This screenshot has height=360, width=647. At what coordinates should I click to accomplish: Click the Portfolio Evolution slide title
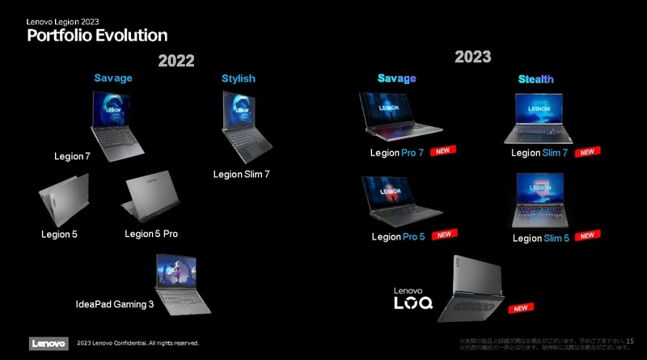[97, 35]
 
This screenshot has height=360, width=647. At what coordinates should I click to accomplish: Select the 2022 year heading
[176, 60]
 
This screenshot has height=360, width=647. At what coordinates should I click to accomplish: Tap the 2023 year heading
[472, 57]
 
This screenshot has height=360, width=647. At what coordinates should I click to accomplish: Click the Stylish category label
[239, 78]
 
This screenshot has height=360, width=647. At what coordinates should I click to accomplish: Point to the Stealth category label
[536, 79]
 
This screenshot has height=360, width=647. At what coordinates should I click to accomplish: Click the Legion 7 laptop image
[118, 121]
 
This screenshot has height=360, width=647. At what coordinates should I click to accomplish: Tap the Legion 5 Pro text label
[150, 234]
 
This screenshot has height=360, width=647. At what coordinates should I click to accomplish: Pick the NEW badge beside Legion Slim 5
[587, 235]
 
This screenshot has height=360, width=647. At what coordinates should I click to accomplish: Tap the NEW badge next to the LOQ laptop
[521, 307]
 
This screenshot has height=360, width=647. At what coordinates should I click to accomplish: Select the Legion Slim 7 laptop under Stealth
[539, 118]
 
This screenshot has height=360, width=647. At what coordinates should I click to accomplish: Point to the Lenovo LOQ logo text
[412, 299]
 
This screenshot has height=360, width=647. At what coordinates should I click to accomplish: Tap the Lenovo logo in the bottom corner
[49, 343]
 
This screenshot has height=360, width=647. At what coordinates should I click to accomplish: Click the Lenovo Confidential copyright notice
[137, 343]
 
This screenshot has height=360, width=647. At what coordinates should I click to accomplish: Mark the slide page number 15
[630, 342]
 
